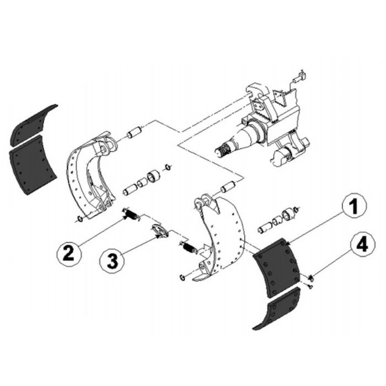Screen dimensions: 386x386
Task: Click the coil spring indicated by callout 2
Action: click(131, 213)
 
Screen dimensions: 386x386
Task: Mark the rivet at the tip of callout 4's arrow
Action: click(311, 277)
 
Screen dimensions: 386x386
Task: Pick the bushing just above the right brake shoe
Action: click(229, 186)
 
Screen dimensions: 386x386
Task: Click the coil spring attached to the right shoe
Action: click(189, 248)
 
